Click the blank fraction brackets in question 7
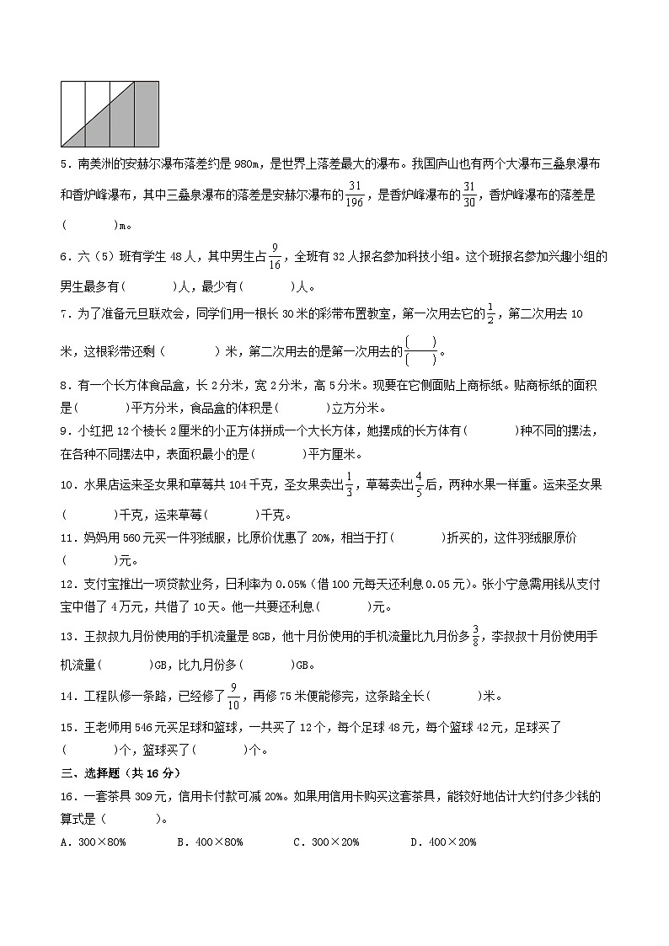pos(421,350)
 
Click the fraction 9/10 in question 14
pos(234,696)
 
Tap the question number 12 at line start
pos(69,582)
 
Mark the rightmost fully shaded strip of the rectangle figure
pos(147,114)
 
